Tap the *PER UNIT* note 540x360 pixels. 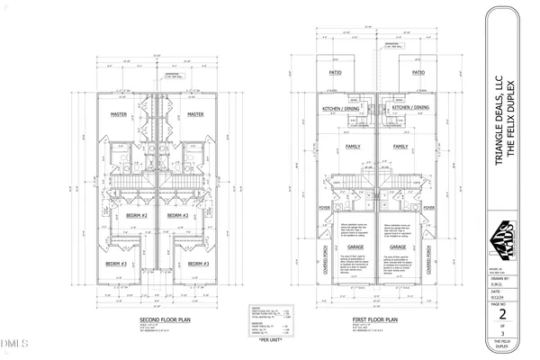coord(271,339)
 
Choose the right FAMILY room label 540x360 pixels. coord(400,145)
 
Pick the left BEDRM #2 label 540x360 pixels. coord(136,216)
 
